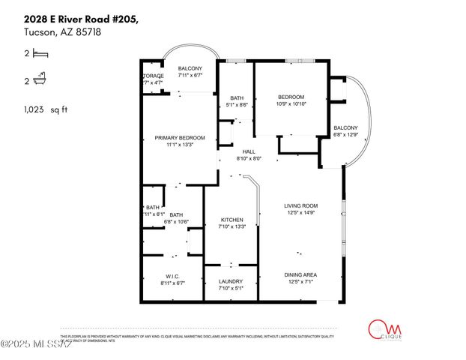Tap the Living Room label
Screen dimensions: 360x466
(300, 205)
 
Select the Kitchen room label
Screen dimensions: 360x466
(232, 220)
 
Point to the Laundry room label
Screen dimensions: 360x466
(232, 282)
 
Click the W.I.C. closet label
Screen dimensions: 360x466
(171, 277)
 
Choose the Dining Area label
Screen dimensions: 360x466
(300, 274)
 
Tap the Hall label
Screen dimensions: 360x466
(249, 151)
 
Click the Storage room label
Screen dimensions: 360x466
(153, 76)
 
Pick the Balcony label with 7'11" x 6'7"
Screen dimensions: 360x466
(190, 69)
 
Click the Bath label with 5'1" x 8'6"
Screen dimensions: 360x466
(237, 98)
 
